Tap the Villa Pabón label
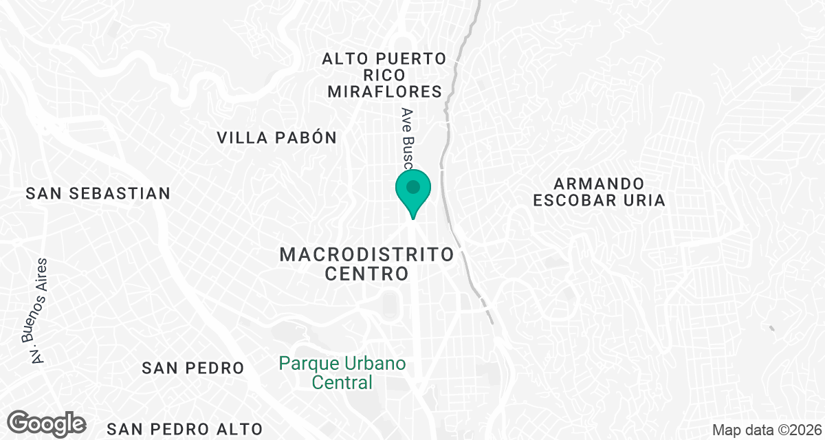(x=277, y=137)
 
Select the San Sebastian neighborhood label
(x=98, y=193)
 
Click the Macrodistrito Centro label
(x=367, y=264)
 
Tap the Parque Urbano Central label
(x=342, y=373)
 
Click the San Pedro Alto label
(x=185, y=429)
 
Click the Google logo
(x=47, y=423)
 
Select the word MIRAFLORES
(x=384, y=91)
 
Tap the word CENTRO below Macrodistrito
(x=367, y=274)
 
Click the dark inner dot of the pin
(x=412, y=187)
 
